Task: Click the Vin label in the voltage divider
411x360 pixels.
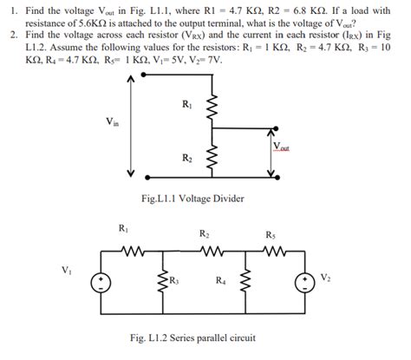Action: point(111,123)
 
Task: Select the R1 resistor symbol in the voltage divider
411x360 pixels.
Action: point(210,108)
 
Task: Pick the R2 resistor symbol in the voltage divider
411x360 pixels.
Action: point(210,159)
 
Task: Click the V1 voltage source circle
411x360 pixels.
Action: point(101,281)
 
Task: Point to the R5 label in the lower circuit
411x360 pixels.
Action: point(271,234)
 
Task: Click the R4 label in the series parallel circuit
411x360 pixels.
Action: point(223,279)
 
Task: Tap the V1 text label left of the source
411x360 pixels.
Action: point(68,268)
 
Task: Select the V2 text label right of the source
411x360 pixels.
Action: point(324,278)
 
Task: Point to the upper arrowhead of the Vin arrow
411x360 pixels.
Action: point(131,81)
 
